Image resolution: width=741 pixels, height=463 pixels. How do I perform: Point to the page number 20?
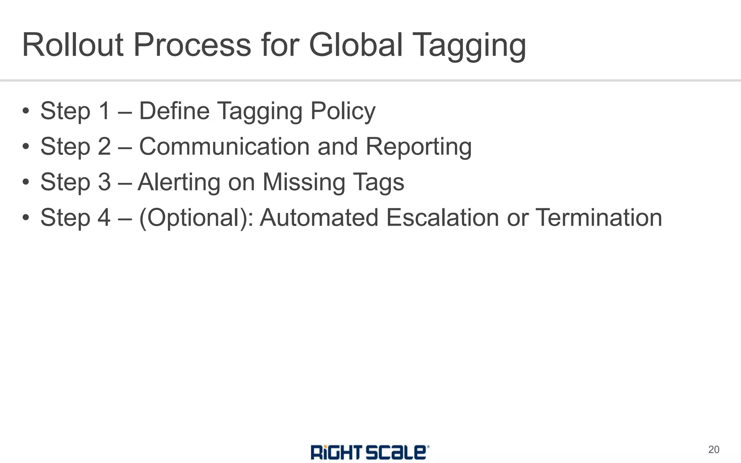point(714,450)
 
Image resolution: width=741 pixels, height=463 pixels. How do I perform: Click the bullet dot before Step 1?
point(25,111)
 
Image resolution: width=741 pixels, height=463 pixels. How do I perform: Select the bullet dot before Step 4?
point(25,218)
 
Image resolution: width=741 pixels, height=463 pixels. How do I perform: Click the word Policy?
point(343,111)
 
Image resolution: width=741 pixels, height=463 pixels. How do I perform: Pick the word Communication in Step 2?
point(224,146)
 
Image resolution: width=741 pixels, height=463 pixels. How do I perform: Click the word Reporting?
point(419,147)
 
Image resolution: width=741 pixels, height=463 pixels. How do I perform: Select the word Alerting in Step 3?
point(179,182)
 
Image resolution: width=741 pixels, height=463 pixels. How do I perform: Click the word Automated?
point(319,217)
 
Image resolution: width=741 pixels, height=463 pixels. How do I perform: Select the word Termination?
point(599,217)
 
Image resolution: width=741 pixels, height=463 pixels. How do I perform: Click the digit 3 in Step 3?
point(104,182)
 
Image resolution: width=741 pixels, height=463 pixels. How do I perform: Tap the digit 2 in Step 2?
point(104,146)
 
